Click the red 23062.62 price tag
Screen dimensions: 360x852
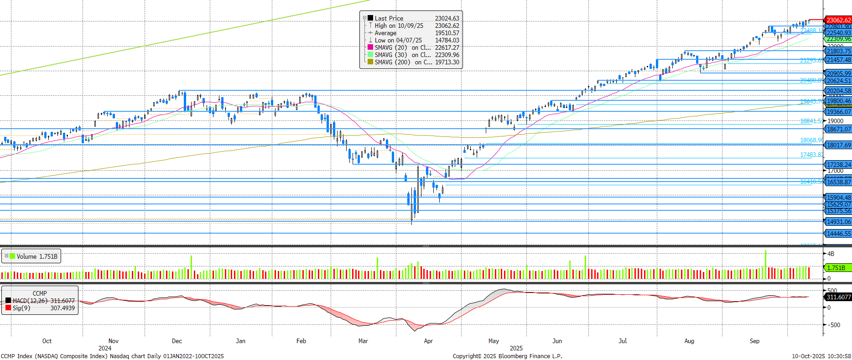pos(838,20)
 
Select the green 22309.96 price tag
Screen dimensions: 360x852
pos(838,39)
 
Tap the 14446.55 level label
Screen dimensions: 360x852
pos(838,234)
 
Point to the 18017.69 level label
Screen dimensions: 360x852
pos(838,145)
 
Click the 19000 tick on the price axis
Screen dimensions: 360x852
pos(836,121)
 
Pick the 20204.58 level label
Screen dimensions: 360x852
pos(838,91)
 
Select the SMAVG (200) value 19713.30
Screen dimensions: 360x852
pos(447,62)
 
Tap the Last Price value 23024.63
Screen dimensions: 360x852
pos(447,18)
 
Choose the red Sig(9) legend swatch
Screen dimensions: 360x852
pos(8,308)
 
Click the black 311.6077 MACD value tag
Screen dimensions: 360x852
pos(838,297)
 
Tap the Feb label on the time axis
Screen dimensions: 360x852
pos(301,341)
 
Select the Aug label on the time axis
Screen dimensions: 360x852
pos(689,341)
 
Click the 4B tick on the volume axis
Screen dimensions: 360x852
pos(831,254)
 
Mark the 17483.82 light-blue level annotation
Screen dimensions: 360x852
pos(811,155)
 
